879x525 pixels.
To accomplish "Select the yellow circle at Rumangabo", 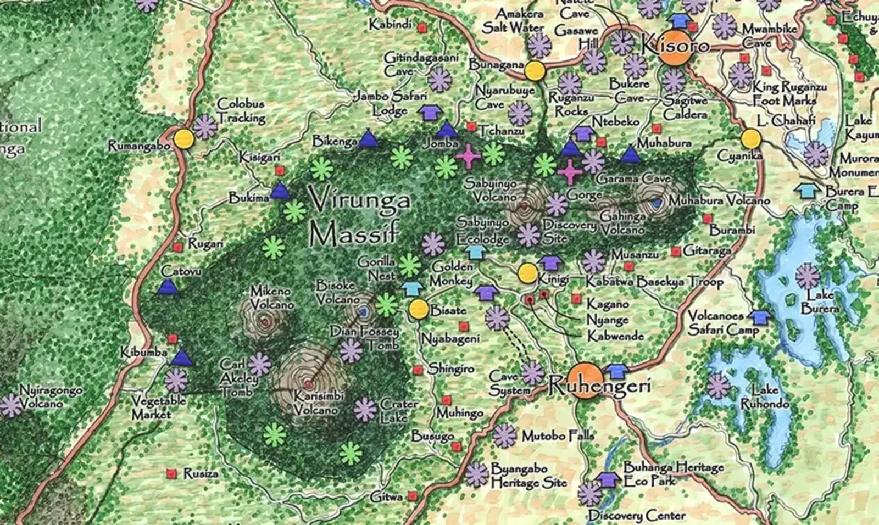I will [184, 139].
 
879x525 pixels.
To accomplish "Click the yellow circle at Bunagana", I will [533, 71].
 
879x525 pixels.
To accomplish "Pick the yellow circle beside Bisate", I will [419, 310].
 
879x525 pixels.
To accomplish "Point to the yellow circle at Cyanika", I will [750, 139].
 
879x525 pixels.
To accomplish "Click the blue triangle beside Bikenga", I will [368, 141].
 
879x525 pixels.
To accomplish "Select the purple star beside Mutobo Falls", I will [504, 436].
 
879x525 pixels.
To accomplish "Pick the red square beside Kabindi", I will [422, 27].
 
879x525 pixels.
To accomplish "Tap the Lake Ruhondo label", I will [764, 397].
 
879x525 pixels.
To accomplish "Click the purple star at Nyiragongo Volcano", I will [10, 406].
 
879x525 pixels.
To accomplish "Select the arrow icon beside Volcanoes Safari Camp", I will [760, 317].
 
